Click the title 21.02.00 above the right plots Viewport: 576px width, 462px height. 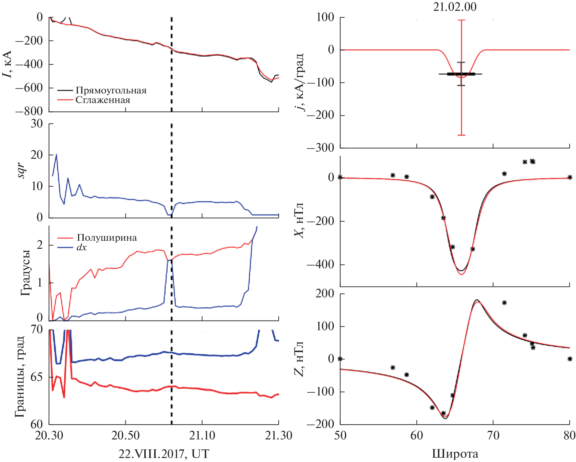coord(454,7)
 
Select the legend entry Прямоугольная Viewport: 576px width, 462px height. coord(111,90)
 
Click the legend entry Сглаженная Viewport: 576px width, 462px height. coord(103,100)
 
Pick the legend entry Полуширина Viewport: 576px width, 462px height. coord(107,238)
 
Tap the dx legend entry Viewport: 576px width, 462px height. coord(81,247)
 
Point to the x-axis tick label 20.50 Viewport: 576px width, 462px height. coord(125,435)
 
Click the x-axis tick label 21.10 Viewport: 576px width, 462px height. coord(202,435)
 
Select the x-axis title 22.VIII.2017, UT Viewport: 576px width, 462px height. coord(164,454)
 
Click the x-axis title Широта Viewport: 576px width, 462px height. coord(455,454)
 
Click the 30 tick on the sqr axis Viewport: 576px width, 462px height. coord(37,124)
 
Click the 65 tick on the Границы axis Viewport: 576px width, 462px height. coord(37,377)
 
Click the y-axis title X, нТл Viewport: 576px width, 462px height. coord(299,220)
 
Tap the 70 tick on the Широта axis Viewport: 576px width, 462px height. coord(493,435)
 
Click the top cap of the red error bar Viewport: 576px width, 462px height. coord(461,20)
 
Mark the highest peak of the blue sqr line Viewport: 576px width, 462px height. coord(56,154)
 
